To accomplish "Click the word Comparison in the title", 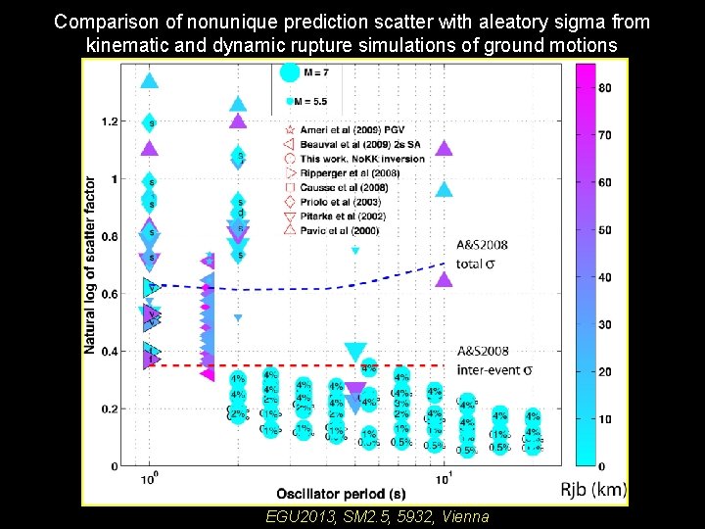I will [x=101, y=21].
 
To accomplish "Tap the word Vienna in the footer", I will [x=464, y=516].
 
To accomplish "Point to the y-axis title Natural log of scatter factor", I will [x=90, y=264].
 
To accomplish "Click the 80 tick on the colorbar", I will [x=604, y=88].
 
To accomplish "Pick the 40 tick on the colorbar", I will [x=604, y=277].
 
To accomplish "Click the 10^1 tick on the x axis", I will [x=444, y=478].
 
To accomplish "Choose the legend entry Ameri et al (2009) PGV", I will [x=357, y=130].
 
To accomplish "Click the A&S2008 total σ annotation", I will [x=482, y=254].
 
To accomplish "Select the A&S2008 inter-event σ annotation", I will [x=495, y=360].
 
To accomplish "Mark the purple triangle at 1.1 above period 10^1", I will [x=444, y=149].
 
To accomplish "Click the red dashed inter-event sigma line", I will [x=294, y=365].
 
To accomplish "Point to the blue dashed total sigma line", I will [x=323, y=288].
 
